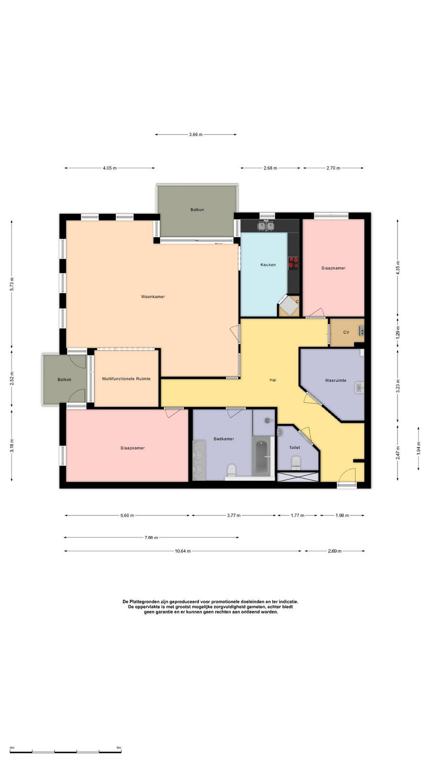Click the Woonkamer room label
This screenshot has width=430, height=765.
point(153,297)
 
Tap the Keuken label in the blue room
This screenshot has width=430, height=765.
point(268,265)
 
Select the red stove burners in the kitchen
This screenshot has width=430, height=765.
point(293,262)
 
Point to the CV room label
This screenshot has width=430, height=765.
point(346,332)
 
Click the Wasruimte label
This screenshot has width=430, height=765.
point(335,380)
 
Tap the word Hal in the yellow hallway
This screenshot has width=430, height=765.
point(273,380)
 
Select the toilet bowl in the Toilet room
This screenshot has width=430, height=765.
point(296,463)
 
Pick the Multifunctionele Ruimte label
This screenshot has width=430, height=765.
point(126,379)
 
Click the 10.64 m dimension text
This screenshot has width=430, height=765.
point(183,551)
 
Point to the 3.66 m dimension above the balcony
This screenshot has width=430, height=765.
point(195,134)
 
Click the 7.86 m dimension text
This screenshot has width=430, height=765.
point(151,537)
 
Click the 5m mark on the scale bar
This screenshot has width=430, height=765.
point(119,748)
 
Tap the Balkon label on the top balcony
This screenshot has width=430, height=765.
point(197,210)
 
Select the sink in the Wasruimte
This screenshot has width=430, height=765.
point(359,388)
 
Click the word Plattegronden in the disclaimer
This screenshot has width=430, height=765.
point(145,602)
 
